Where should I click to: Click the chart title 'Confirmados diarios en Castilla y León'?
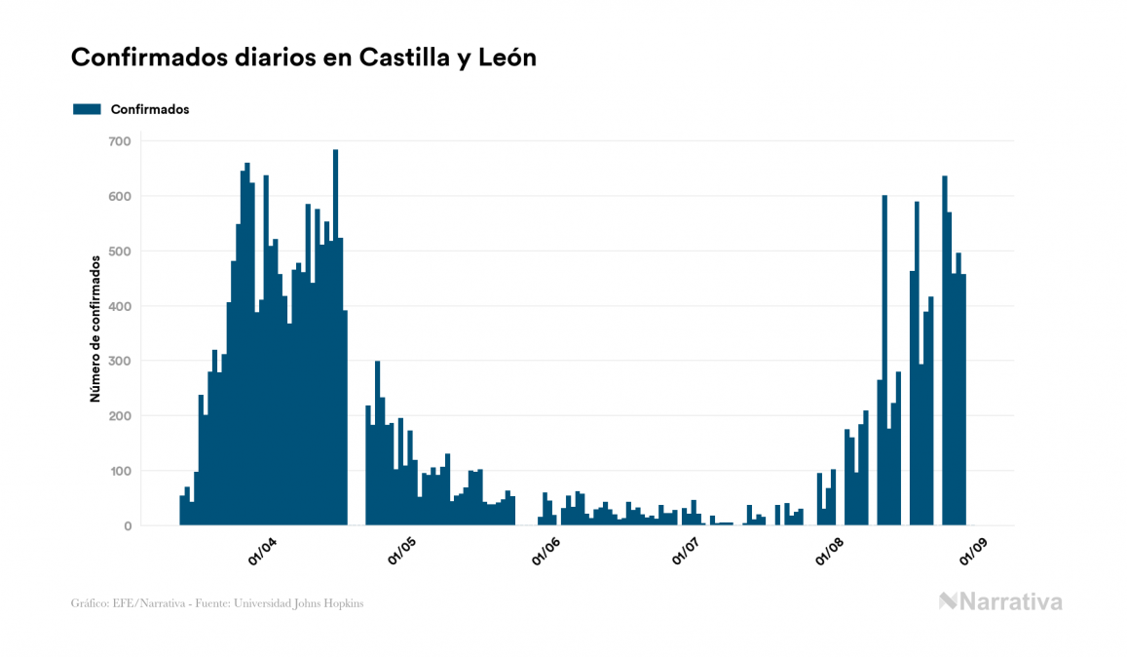[x=304, y=58]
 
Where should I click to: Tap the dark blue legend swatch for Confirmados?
[x=88, y=109]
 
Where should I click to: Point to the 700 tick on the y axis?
[x=119, y=141]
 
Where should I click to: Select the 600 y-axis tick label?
[x=119, y=196]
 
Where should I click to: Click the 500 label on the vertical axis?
[x=119, y=251]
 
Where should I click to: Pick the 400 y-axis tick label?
[x=119, y=306]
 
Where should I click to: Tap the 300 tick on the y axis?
[x=119, y=362]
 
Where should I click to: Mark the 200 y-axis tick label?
[x=119, y=416]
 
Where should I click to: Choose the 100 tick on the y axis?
[x=119, y=472]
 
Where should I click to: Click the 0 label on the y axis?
[x=127, y=526]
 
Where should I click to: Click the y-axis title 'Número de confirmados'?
[x=95, y=329]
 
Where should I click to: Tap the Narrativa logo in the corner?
[x=1000, y=601]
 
